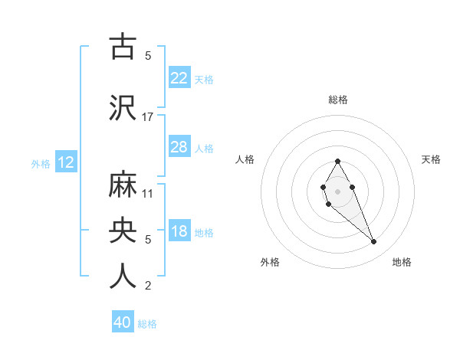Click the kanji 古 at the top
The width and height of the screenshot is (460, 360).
click(x=123, y=46)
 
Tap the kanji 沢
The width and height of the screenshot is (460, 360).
click(x=123, y=106)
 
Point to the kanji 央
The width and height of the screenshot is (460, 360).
click(x=123, y=229)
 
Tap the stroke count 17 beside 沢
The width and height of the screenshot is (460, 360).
click(x=148, y=116)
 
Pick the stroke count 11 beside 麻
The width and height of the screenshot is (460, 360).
click(x=148, y=194)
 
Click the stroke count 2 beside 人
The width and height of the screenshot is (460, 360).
click(x=148, y=286)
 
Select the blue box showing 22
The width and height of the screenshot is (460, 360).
click(x=179, y=78)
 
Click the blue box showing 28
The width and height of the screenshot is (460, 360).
click(x=179, y=147)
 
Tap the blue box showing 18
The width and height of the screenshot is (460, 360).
click(x=179, y=232)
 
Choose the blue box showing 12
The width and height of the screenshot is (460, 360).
click(x=65, y=162)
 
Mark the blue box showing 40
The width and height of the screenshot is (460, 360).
click(x=123, y=322)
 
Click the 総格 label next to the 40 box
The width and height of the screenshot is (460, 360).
click(x=147, y=324)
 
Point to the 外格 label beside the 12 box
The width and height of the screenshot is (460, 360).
click(x=41, y=163)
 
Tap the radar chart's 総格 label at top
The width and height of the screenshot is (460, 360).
click(x=337, y=100)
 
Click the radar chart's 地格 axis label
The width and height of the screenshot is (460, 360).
click(x=402, y=262)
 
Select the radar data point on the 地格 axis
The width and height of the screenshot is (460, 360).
click(x=373, y=242)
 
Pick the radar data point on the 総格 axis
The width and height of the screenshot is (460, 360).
click(x=337, y=161)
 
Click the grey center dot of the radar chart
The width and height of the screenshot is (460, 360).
click(x=337, y=190)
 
